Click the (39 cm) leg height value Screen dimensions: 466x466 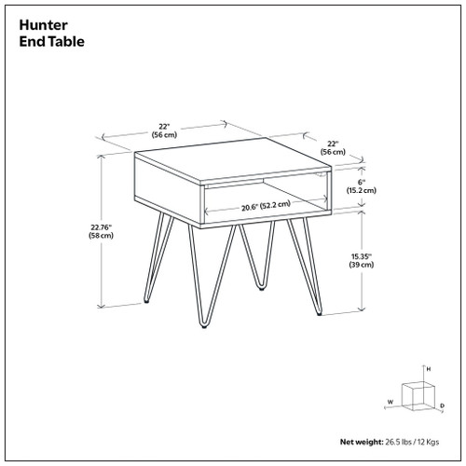(x=363, y=265)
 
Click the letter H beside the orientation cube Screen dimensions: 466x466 (x=428, y=370)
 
